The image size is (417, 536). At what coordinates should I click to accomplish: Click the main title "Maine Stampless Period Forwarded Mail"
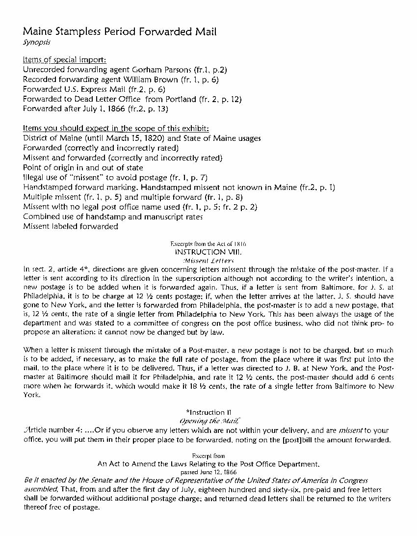click(120, 32)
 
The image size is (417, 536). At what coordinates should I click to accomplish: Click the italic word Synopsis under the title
click(33, 43)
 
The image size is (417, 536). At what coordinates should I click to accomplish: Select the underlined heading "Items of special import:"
click(64, 59)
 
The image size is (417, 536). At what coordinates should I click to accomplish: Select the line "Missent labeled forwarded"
click(71, 226)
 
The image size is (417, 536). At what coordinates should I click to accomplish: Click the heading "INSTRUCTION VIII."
click(209, 252)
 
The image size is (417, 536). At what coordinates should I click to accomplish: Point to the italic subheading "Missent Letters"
click(208, 260)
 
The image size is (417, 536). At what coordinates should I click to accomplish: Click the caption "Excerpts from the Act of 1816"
click(208, 244)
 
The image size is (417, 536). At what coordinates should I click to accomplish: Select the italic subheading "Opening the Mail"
click(209, 421)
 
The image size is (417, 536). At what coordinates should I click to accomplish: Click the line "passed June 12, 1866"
click(208, 472)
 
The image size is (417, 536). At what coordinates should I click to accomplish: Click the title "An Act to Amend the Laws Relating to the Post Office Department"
click(208, 464)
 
